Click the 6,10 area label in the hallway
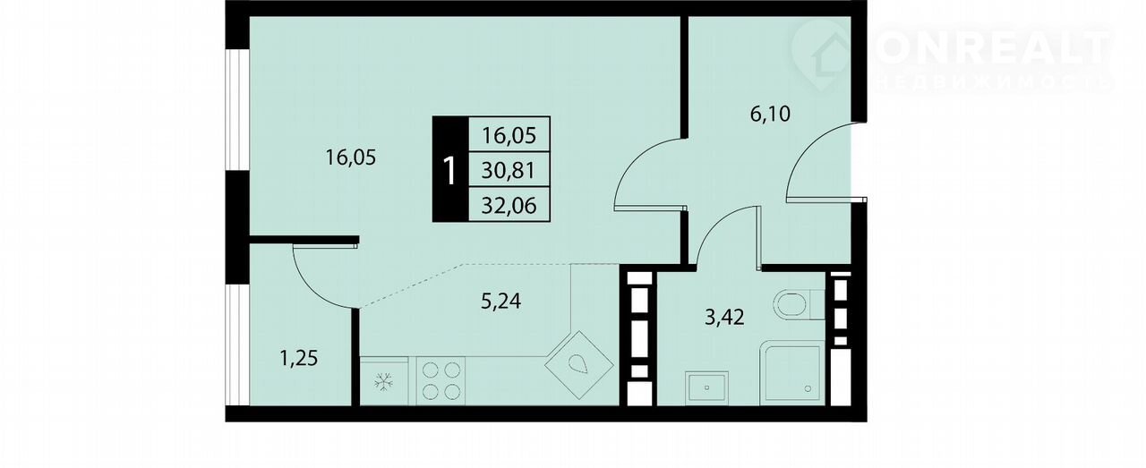pos(770,114)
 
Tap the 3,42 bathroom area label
pos(724,318)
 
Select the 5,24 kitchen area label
pos(500,302)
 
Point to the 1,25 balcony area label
pos(299,358)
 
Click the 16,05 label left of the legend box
pos(351,157)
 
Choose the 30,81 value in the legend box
pos(509,170)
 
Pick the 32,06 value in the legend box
pos(509,206)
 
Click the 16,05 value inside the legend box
pos(509,135)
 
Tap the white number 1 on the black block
pos(449,171)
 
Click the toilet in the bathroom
pos(799,305)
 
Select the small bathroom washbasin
pos(706,387)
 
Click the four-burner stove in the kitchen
pos(440,380)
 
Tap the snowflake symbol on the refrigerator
pos(384,381)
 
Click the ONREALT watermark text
pos(990,49)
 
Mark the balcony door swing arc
pos(313,286)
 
